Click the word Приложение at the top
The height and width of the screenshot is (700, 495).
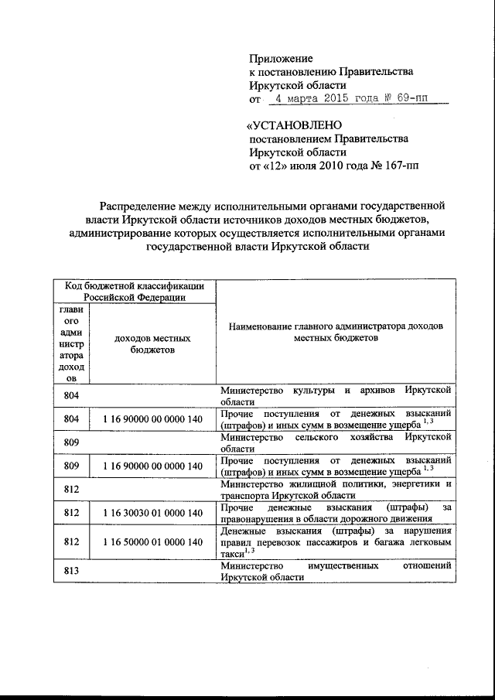(281, 59)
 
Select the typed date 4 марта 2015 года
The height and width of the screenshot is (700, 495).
(321, 100)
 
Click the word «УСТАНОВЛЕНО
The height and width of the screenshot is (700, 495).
(293, 125)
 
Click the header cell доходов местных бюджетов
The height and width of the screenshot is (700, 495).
(152, 344)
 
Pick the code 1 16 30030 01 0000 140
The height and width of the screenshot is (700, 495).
(152, 513)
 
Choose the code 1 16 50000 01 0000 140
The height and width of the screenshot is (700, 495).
(152, 545)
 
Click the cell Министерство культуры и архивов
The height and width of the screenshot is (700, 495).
(335, 395)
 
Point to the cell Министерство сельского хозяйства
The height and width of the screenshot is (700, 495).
(335, 442)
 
